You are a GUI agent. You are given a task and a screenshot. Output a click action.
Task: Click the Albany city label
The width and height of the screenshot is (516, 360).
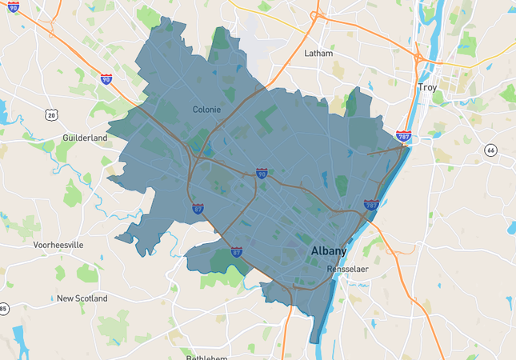pos(328,251)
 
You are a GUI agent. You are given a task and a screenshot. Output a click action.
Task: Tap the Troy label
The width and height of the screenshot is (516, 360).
pos(427,87)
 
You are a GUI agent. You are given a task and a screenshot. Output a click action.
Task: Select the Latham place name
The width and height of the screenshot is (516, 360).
pos(318,54)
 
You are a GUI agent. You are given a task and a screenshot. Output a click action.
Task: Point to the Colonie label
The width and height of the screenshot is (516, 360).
pos(207,110)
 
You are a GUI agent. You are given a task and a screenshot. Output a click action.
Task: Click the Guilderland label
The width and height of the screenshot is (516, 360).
pos(85,138)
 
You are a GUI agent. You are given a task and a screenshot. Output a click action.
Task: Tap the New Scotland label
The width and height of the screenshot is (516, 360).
pos(82,298)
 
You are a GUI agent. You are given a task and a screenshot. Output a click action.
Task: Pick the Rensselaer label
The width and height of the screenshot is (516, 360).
pos(347,270)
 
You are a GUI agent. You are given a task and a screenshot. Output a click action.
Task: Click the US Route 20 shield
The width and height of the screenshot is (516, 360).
pos(52,116)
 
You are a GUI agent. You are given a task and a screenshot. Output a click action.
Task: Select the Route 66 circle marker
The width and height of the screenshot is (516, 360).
pos(490,150)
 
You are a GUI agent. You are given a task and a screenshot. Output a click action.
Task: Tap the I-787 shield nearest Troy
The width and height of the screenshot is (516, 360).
pos(404,137)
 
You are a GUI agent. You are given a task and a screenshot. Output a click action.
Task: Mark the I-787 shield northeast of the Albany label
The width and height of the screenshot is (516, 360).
pos(371,206)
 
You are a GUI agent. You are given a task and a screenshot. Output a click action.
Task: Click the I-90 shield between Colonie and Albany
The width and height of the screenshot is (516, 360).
pos(262,173)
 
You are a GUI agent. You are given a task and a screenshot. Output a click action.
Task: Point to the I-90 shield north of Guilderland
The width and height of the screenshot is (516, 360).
pos(106,79)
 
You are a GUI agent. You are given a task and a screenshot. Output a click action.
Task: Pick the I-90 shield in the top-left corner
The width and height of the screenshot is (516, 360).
pos(13,6)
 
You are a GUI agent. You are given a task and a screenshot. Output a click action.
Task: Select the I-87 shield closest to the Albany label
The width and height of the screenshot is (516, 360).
pos(237,251)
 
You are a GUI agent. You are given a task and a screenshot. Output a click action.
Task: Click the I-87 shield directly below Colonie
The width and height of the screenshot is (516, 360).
pos(198,209)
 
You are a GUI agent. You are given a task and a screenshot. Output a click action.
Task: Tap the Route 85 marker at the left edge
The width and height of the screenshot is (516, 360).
pos(3,309)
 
